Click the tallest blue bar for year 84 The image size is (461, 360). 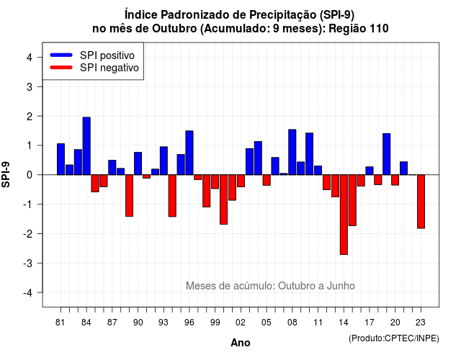[86, 146]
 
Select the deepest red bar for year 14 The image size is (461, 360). [344, 215]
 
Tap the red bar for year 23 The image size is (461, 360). [421, 202]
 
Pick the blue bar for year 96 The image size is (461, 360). [189, 153]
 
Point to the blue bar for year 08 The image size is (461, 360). [292, 152]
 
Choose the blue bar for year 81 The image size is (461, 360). [61, 159]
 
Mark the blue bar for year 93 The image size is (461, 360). [164, 161]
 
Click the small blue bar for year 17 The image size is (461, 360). [370, 171]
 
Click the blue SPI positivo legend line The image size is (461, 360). [61, 55]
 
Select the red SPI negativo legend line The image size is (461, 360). [61, 68]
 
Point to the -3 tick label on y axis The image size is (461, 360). [28, 264]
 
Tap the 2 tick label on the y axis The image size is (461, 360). [30, 117]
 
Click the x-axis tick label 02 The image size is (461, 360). [241, 323]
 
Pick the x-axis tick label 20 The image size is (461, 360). [395, 323]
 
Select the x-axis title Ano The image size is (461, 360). [240, 343]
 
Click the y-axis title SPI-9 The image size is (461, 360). [6, 174]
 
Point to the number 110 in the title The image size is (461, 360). [380, 29]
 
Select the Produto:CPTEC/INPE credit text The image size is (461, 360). [394, 338]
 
